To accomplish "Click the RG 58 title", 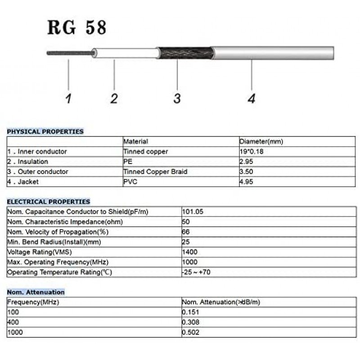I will (77, 27).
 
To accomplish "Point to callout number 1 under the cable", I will (68, 98).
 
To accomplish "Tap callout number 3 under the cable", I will (177, 98).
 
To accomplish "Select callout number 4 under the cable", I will (252, 98).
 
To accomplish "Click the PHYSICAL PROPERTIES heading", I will (45, 131).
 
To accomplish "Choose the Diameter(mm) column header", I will (261, 142).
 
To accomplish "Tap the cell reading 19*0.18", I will (252, 152).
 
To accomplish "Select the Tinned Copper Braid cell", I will (155, 171).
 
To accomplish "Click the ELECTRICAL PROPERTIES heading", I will (48, 202).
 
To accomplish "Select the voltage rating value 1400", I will (189, 252).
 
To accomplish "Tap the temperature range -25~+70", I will (196, 272).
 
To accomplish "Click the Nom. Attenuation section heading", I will (36, 292).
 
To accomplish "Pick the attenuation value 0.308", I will (190, 322).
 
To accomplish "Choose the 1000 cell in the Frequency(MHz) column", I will (15, 333).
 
